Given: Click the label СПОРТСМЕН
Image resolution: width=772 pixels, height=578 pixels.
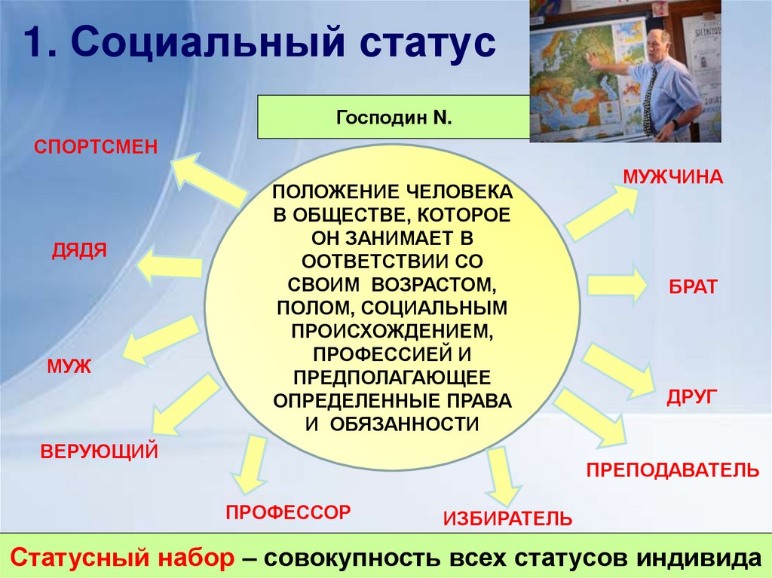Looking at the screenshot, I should coord(96,145).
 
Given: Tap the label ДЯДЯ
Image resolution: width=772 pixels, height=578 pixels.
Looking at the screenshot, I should coord(79,250).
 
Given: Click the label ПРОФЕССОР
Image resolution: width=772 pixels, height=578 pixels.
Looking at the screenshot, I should coord(288,512).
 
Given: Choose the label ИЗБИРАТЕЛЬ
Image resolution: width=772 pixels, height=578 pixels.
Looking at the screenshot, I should coord(507,518).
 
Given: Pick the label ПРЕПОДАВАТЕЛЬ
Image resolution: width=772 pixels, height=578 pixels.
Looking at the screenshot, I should coord(672,471).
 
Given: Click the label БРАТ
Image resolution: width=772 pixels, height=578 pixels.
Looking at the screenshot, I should coord(693,286).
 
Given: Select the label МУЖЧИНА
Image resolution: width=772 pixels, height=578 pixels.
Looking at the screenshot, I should coord(672,178).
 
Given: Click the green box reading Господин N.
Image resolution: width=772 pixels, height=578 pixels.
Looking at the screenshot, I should coord(392,118).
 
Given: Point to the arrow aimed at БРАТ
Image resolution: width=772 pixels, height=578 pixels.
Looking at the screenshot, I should coord(616,285).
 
